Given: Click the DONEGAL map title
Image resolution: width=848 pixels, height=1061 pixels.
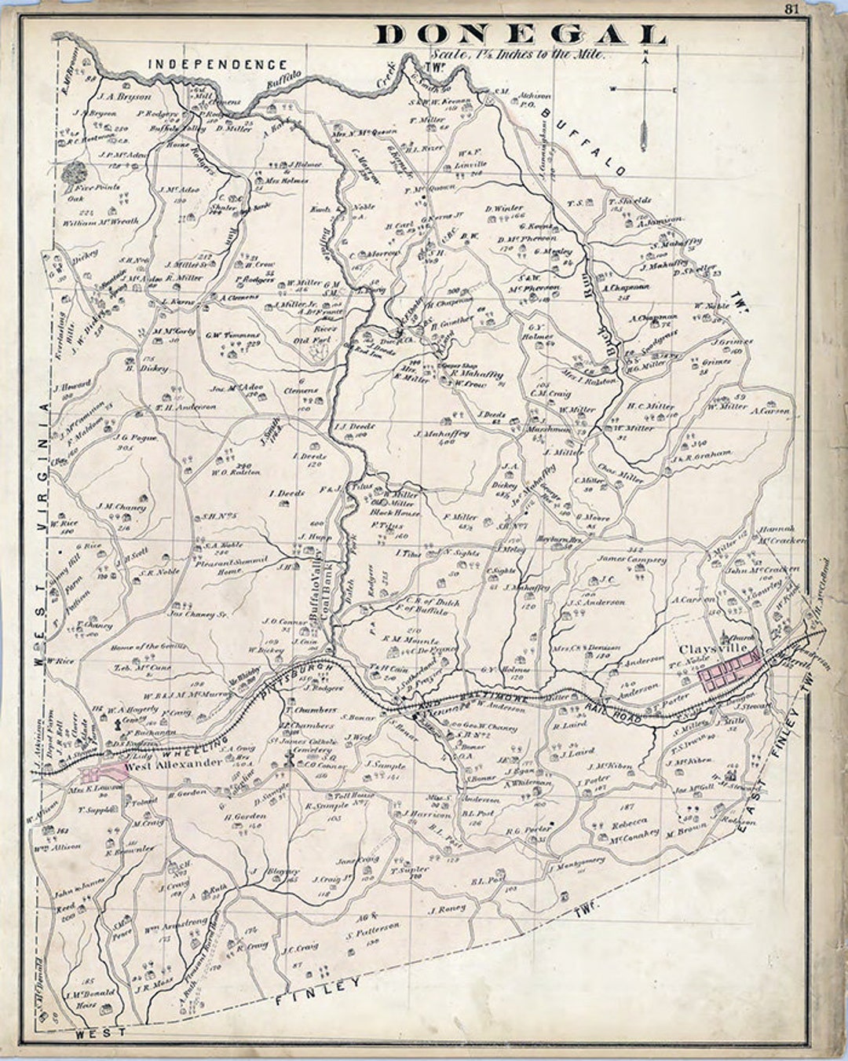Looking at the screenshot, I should (521, 35).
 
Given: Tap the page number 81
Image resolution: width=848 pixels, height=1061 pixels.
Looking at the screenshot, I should (791, 9).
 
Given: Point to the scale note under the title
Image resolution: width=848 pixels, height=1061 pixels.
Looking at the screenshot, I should (517, 55).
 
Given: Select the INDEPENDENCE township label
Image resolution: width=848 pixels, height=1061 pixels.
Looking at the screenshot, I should (217, 64).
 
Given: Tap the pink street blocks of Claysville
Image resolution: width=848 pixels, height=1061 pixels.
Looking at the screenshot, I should (731, 673).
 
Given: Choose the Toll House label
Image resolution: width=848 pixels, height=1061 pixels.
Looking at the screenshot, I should (350, 795).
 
